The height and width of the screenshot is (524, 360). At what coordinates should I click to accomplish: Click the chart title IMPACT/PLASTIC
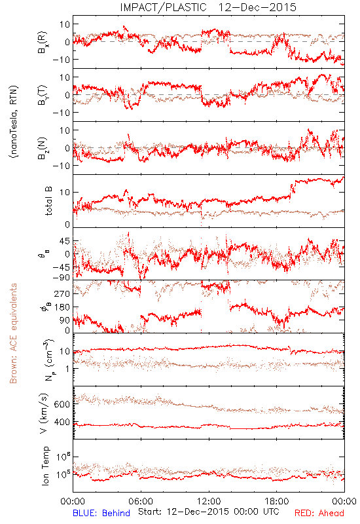tap(163, 7)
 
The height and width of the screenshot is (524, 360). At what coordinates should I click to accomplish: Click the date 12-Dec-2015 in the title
tap(257, 7)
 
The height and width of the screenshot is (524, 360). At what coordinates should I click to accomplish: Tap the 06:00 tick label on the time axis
tap(141, 501)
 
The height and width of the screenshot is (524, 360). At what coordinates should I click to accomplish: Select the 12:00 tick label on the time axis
tap(209, 501)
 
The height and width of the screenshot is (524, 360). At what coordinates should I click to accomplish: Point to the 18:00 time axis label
tap(277, 501)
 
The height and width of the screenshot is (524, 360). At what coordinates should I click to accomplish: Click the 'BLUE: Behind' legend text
tap(101, 513)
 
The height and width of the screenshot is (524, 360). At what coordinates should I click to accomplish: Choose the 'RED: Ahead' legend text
tap(319, 513)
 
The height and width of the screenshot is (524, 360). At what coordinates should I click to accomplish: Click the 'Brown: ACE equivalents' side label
tap(13, 333)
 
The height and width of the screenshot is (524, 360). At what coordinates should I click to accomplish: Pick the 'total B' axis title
tap(48, 201)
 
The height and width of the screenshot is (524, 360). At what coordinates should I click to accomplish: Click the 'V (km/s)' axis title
tap(44, 413)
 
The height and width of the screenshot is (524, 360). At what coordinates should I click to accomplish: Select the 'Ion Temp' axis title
tap(45, 466)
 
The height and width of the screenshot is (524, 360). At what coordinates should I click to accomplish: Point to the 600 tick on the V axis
tap(62, 404)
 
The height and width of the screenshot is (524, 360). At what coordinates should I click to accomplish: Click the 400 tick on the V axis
tap(62, 422)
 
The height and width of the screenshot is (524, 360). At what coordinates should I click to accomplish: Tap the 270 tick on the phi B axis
tap(62, 293)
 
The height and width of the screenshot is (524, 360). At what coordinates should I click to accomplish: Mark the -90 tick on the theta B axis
tap(62, 277)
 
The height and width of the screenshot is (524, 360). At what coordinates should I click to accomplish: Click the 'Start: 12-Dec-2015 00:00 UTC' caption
tap(209, 512)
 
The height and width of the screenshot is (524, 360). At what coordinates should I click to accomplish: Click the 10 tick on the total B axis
tap(65, 193)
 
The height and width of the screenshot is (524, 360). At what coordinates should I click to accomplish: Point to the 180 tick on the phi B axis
tap(62, 307)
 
